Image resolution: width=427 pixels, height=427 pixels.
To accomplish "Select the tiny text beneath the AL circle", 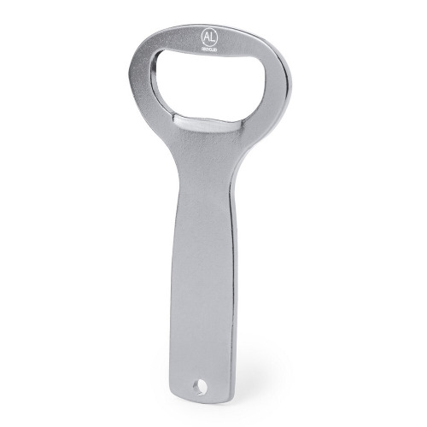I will (212, 51).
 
